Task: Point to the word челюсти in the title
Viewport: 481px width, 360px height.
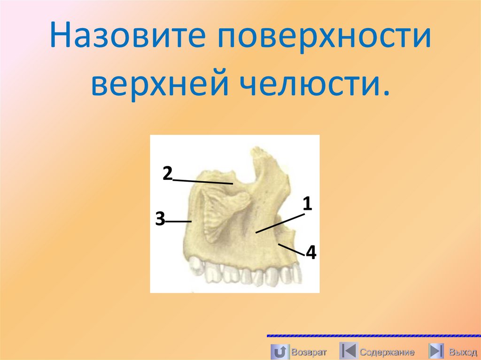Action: click(307, 85)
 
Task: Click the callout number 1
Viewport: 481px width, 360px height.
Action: click(308, 204)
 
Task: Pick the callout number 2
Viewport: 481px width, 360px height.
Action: click(168, 174)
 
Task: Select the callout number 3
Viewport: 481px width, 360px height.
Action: click(160, 219)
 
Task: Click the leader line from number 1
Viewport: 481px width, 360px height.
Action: click(280, 223)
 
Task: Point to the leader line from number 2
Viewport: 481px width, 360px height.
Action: click(203, 181)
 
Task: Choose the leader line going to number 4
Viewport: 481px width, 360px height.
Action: click(291, 249)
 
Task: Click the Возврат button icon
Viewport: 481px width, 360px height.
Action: click(280, 351)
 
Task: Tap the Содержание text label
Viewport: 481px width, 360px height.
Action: click(387, 352)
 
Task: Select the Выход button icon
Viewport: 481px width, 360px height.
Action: click(437, 351)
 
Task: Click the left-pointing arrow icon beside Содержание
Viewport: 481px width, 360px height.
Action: click(348, 351)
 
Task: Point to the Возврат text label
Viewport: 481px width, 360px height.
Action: click(309, 352)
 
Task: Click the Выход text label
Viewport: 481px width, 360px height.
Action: click(463, 352)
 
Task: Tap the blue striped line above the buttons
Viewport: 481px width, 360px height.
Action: click(373, 336)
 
